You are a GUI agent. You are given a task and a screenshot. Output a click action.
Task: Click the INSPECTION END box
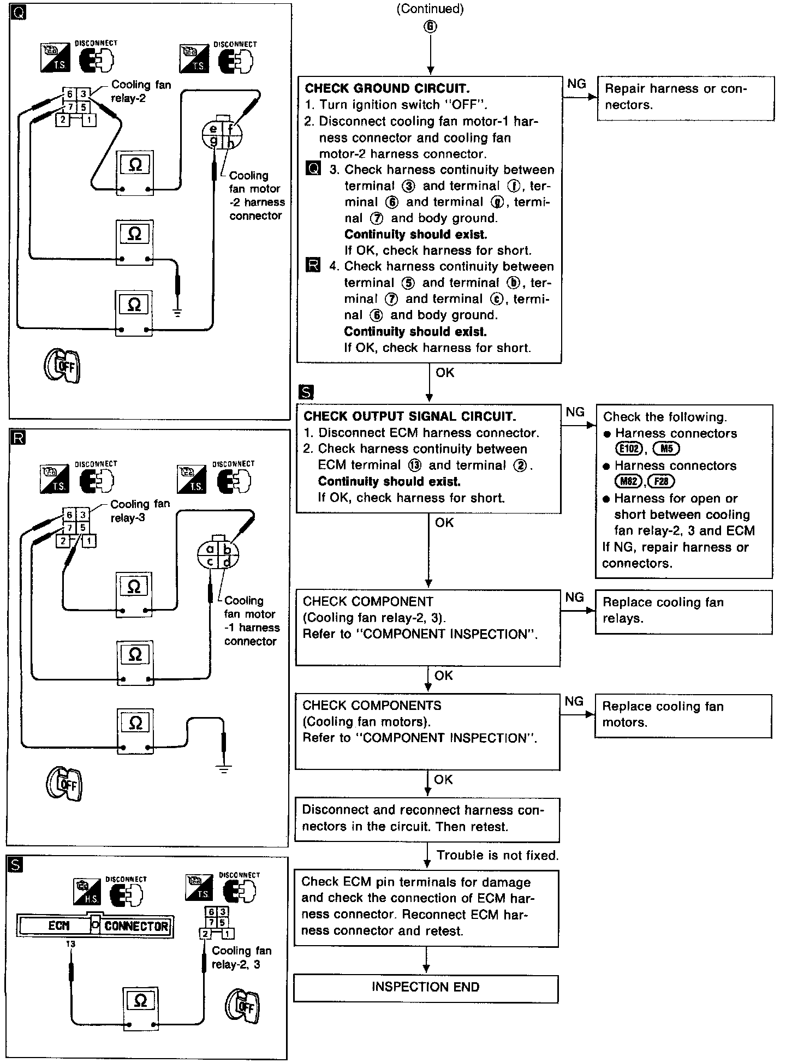[425, 987]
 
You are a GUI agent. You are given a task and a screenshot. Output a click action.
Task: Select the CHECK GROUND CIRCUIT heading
[386, 88]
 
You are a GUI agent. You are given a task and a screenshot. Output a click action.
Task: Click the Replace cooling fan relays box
[683, 611]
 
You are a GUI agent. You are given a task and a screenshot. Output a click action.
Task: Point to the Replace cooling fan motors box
[682, 715]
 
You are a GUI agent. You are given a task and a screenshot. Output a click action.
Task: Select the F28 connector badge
[661, 481]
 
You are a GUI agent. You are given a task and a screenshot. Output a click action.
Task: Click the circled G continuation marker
[431, 26]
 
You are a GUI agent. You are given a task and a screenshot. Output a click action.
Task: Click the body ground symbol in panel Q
[177, 313]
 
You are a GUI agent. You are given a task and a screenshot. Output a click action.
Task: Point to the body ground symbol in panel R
[223, 769]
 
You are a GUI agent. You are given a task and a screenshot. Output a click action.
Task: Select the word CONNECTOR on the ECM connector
[136, 925]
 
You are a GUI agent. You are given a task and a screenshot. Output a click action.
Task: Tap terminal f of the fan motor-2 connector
[230, 129]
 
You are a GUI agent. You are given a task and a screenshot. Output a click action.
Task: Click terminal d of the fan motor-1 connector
[227, 562]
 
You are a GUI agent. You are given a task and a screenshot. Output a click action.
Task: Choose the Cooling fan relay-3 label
[140, 511]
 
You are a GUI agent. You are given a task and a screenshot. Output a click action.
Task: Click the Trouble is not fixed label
[497, 855]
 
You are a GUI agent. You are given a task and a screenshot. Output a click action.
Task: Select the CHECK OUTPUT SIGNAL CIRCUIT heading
[409, 416]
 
